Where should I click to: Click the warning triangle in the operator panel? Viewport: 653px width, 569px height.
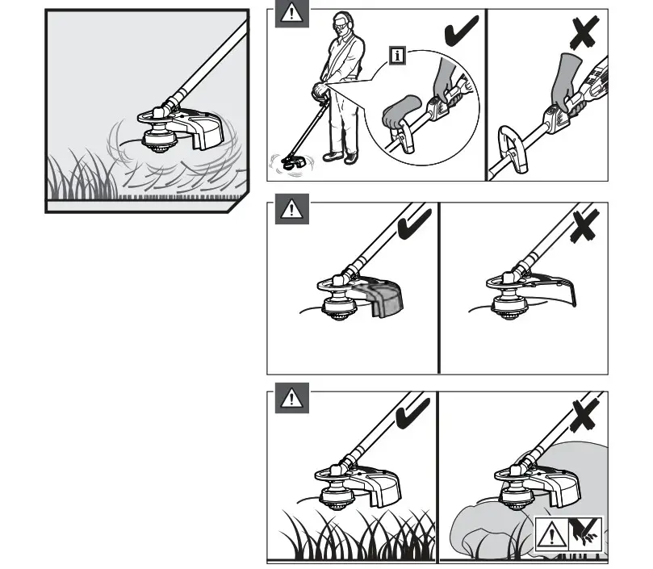point(291,14)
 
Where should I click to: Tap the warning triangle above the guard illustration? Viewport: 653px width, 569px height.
point(291,209)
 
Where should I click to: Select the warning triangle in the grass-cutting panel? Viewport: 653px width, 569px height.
point(291,398)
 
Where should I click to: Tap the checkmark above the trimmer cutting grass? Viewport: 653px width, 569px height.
point(414,412)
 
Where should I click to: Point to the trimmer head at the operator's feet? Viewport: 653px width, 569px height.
point(292,161)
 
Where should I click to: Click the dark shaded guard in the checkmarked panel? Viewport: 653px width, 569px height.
point(386,296)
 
